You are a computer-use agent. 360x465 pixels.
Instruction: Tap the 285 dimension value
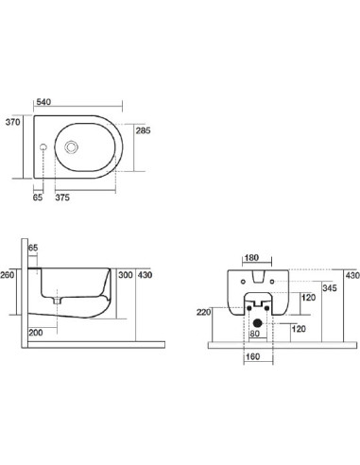click(145, 129)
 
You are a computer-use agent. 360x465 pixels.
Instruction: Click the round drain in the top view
click(73, 147)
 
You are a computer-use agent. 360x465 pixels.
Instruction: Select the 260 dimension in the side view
click(9, 276)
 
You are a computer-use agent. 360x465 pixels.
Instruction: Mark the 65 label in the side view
click(33, 248)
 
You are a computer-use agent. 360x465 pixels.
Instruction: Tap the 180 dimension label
click(252, 256)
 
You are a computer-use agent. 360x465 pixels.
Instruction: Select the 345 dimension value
click(329, 287)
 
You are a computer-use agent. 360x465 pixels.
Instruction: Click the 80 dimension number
click(253, 332)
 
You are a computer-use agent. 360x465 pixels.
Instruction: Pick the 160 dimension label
click(252, 358)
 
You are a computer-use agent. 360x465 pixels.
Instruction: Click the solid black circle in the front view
click(253, 319)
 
